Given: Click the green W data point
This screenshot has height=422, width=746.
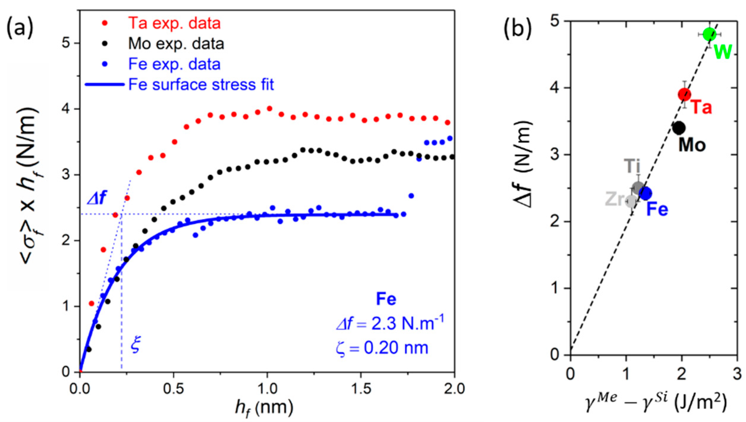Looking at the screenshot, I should pyautogui.click(x=709, y=34).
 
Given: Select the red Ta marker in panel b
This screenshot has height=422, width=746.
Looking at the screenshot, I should pyautogui.click(x=685, y=95).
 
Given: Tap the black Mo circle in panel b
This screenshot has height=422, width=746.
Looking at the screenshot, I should pyautogui.click(x=679, y=128).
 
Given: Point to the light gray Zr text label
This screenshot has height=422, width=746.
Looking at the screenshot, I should pyautogui.click(x=615, y=199).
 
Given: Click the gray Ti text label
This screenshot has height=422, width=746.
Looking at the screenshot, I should pyautogui.click(x=632, y=166).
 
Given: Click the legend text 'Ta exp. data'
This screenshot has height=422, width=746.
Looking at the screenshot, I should pyautogui.click(x=174, y=23).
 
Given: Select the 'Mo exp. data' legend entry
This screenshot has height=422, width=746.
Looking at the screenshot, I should pyautogui.click(x=176, y=44).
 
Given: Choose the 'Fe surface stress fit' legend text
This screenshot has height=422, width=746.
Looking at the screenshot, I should pyautogui.click(x=201, y=85).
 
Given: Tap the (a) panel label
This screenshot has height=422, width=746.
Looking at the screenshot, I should pyautogui.click(x=20, y=28).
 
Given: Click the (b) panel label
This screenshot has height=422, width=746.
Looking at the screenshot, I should pyautogui.click(x=517, y=29).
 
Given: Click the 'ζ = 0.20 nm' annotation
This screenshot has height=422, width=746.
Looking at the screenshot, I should pyautogui.click(x=382, y=348).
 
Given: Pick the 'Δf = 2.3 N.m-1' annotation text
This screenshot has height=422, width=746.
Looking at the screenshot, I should pyautogui.click(x=390, y=323).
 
